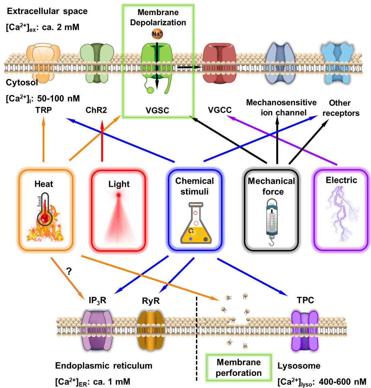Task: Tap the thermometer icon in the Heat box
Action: [45, 212]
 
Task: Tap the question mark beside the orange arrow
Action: [69, 271]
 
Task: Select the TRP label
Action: [43, 110]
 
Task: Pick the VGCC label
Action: [219, 110]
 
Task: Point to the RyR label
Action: [151, 300]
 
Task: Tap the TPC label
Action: [305, 300]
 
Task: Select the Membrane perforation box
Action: [238, 368]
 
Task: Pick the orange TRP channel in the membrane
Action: [44, 63]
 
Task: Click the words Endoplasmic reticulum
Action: [104, 366]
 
